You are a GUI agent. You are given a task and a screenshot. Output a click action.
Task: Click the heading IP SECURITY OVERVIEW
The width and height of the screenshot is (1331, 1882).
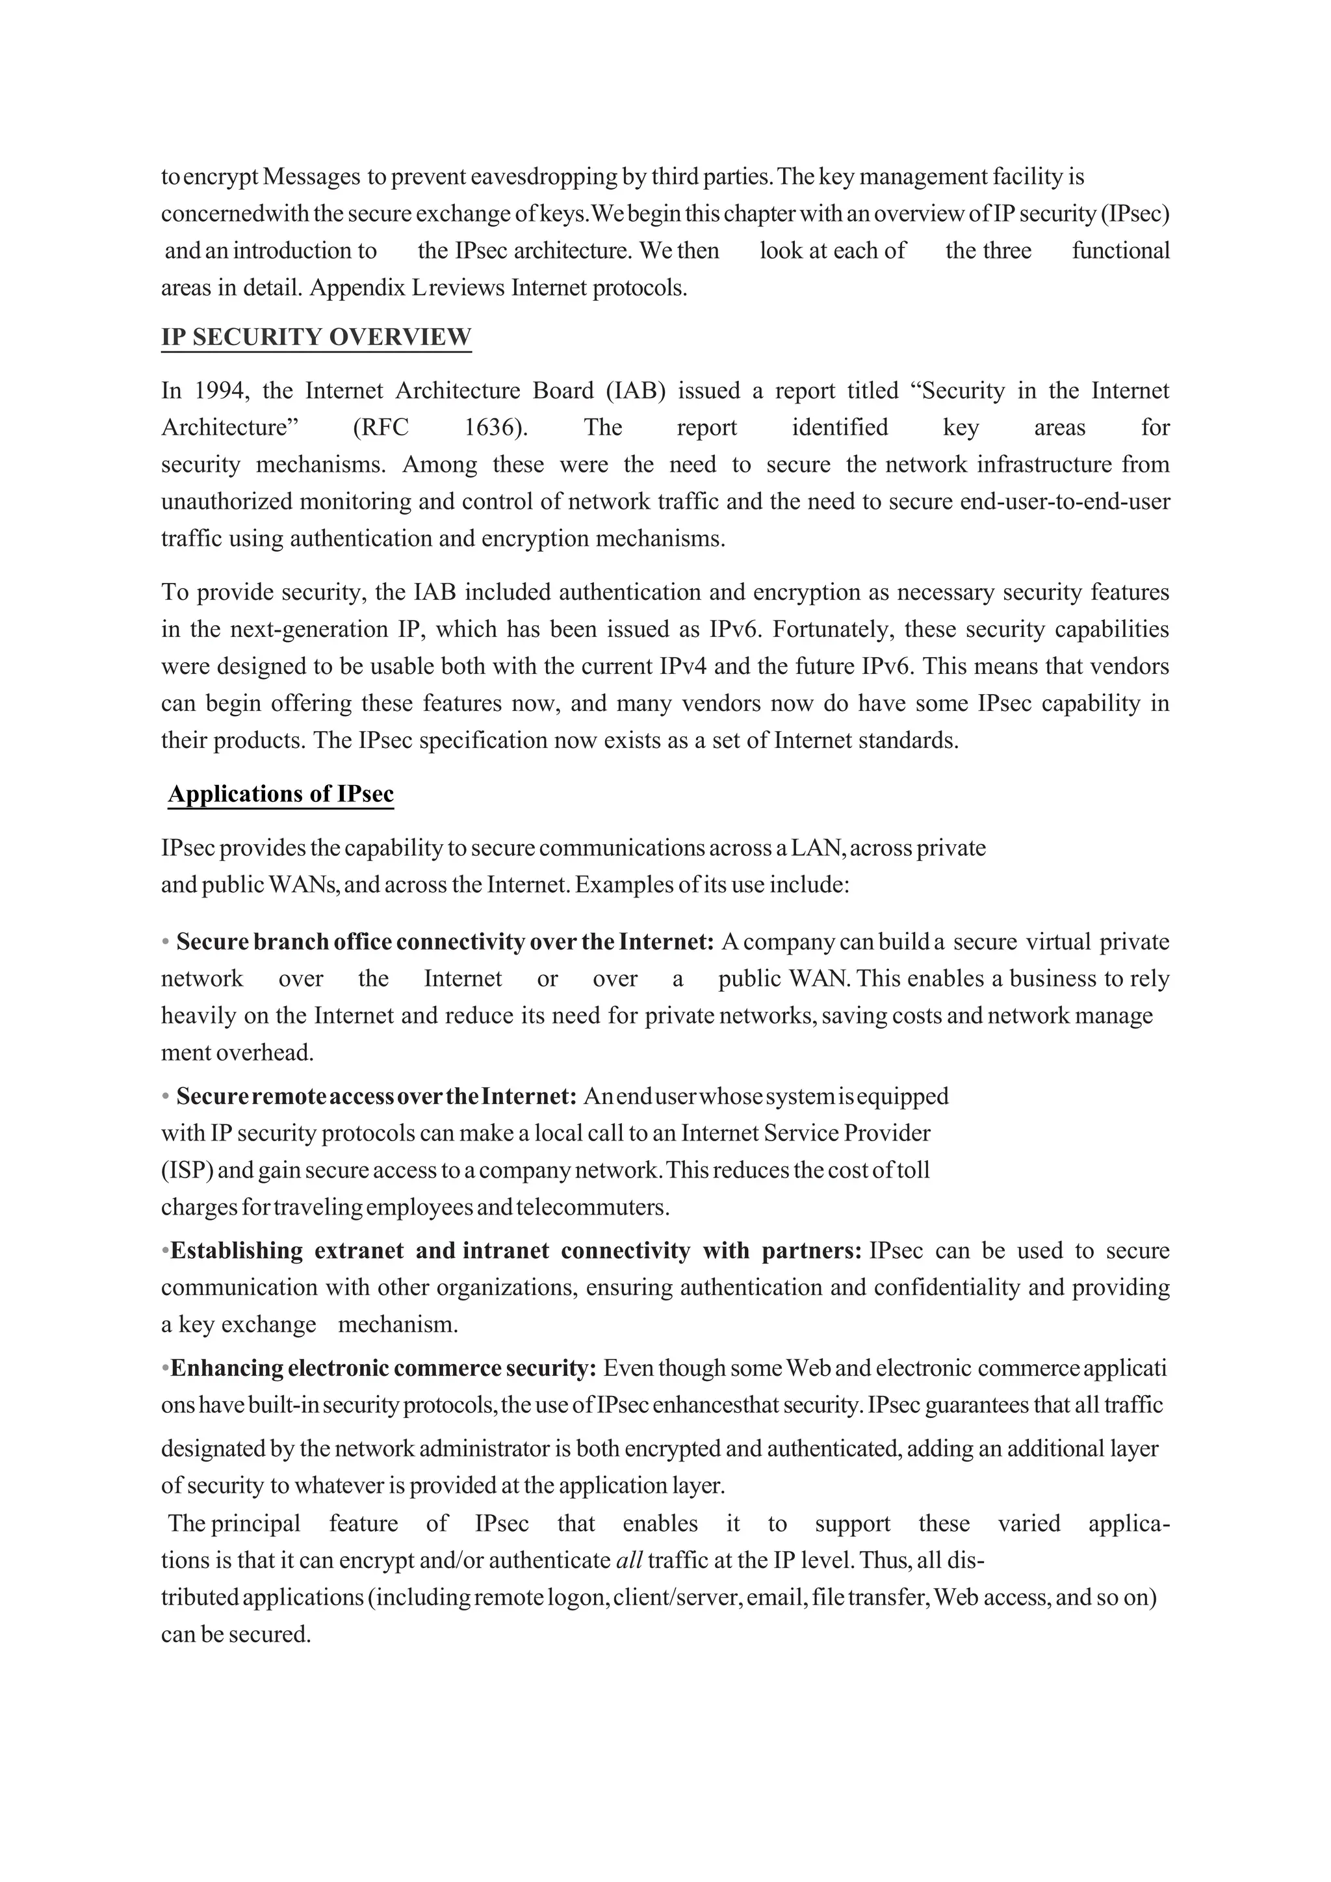coord(316,337)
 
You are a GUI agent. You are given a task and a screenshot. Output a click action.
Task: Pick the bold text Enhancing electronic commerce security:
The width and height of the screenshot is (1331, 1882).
coord(383,1368)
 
